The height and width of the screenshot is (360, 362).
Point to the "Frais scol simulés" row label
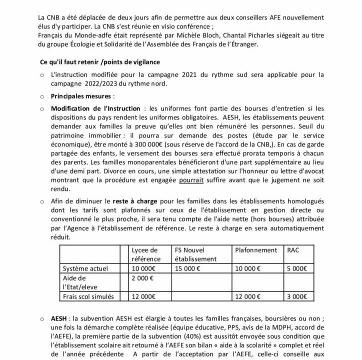pos(85,296)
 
